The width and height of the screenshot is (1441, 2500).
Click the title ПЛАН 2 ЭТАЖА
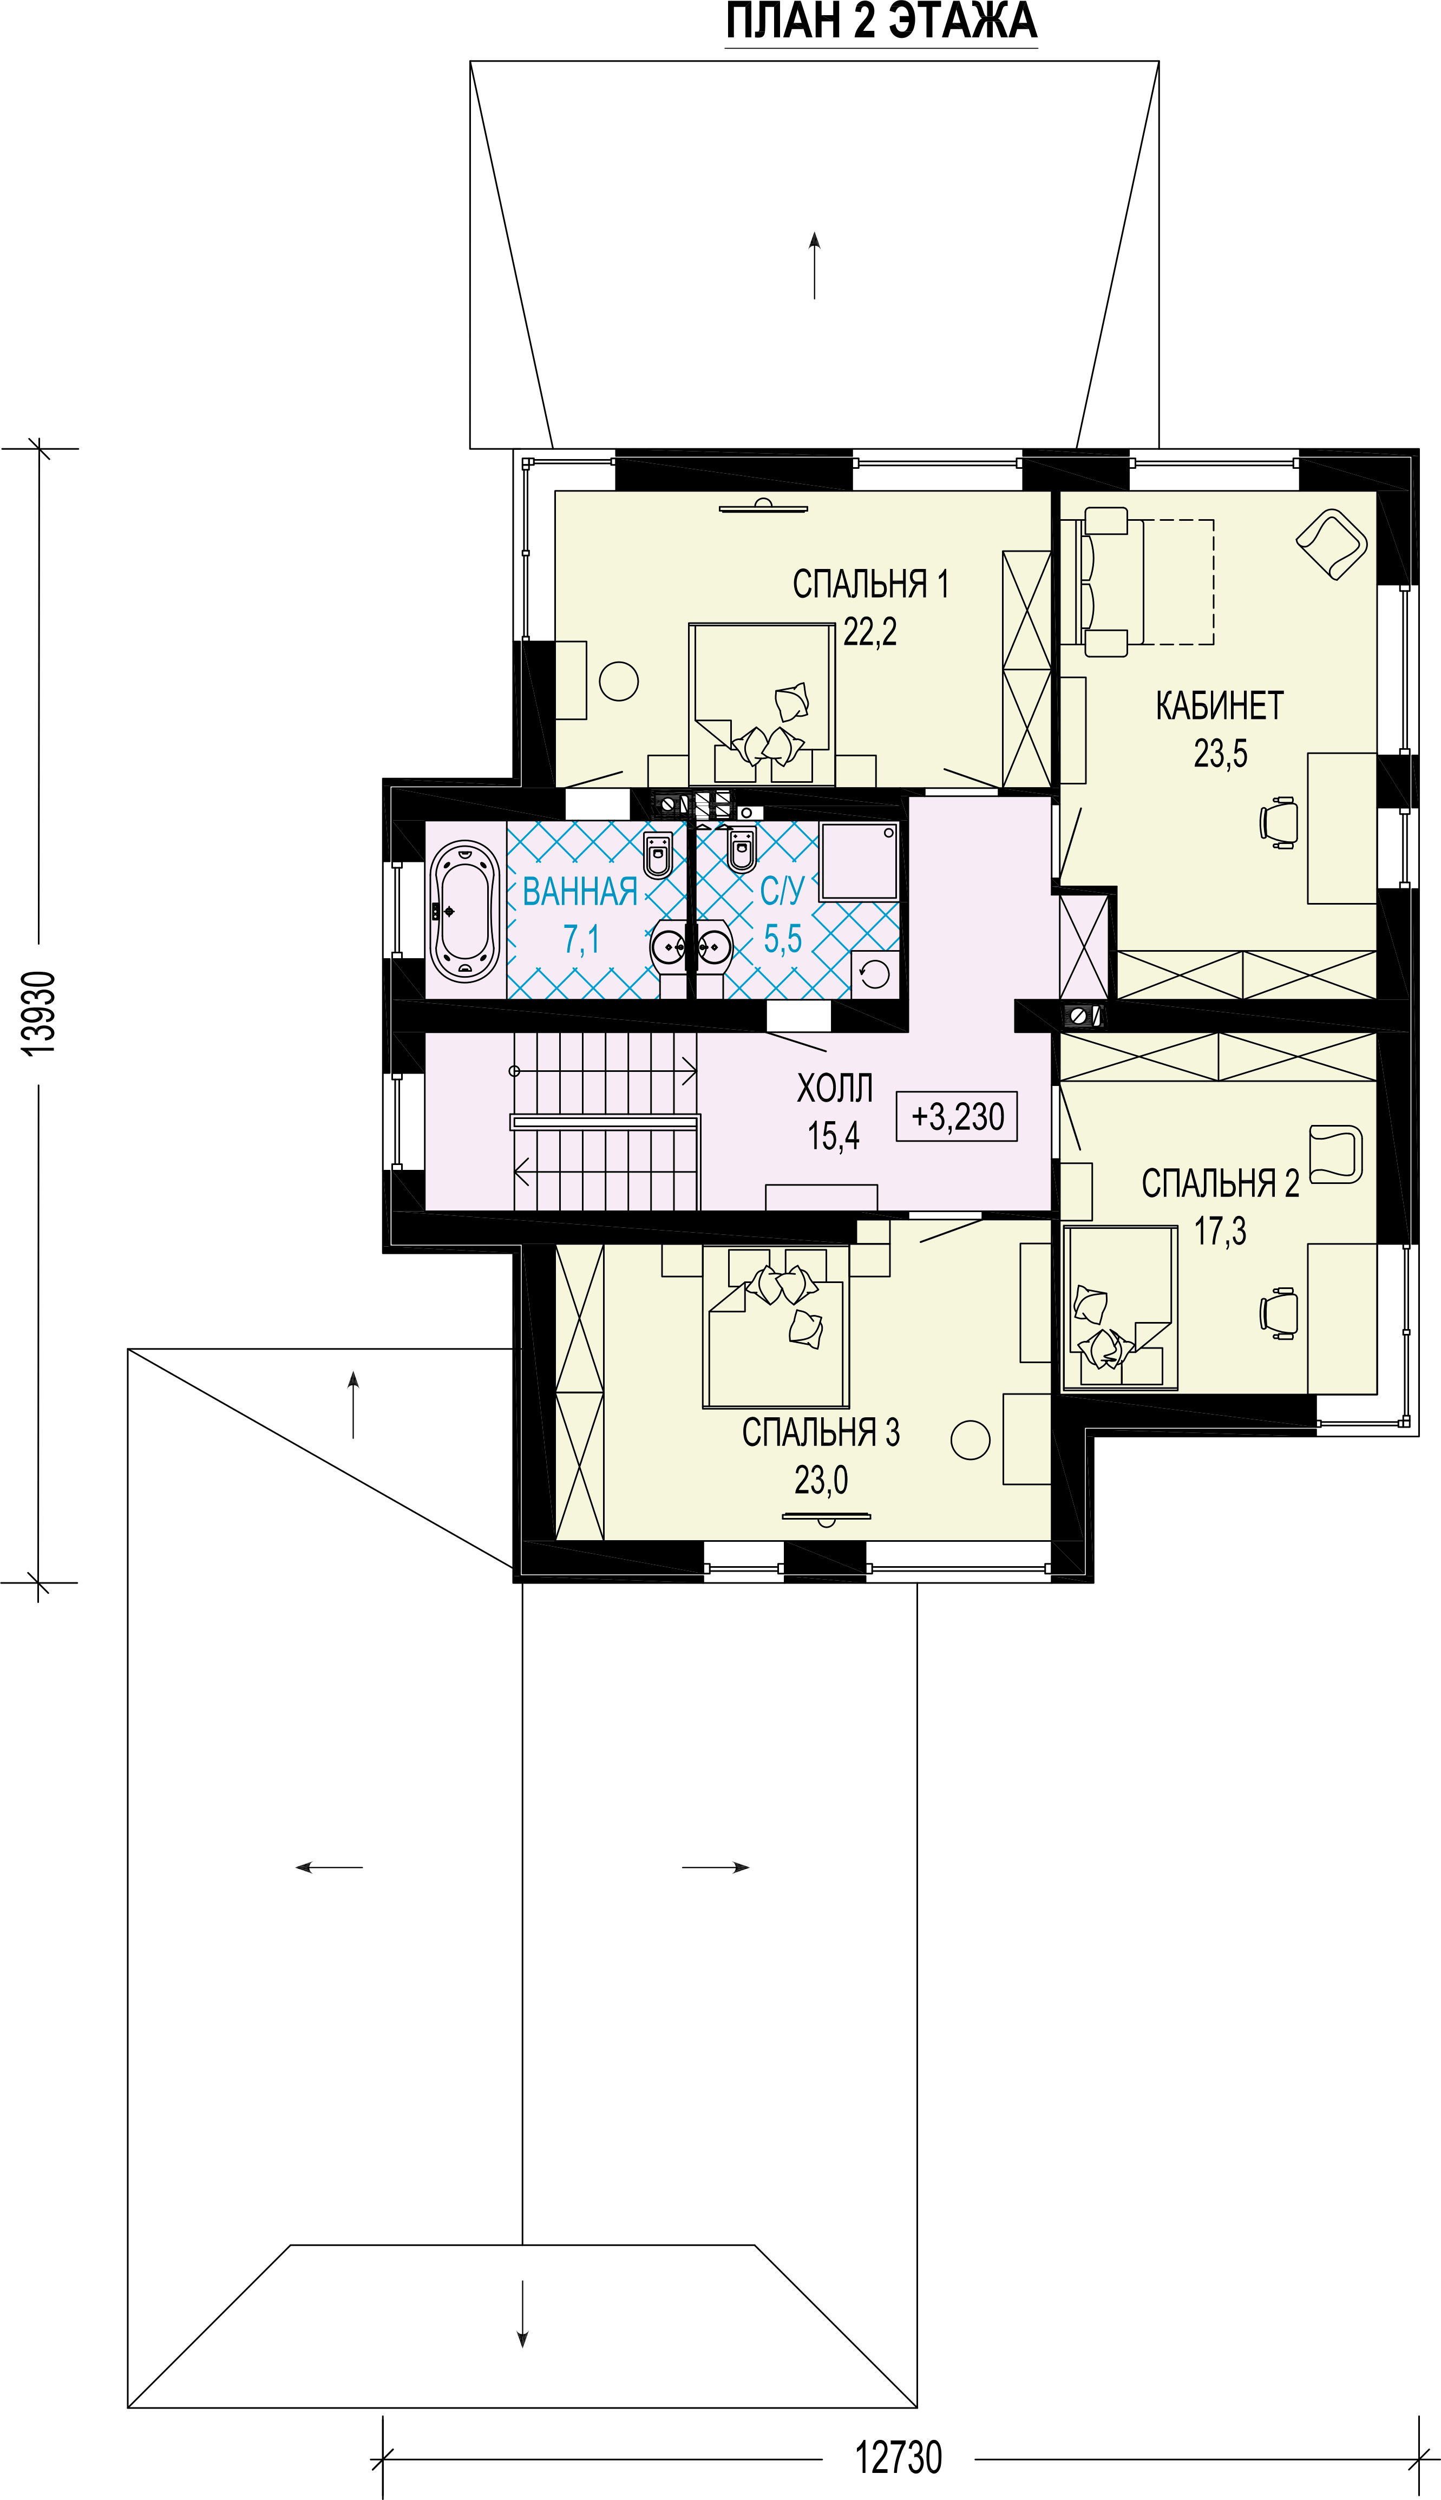[x=881, y=22]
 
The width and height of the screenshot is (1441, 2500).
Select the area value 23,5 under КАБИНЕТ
[x=1220, y=754]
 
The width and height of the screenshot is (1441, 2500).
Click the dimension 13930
[x=40, y=1013]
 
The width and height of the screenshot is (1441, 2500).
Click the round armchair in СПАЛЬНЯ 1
[x=619, y=681]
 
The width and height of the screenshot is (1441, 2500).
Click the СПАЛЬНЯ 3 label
[x=821, y=1432]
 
